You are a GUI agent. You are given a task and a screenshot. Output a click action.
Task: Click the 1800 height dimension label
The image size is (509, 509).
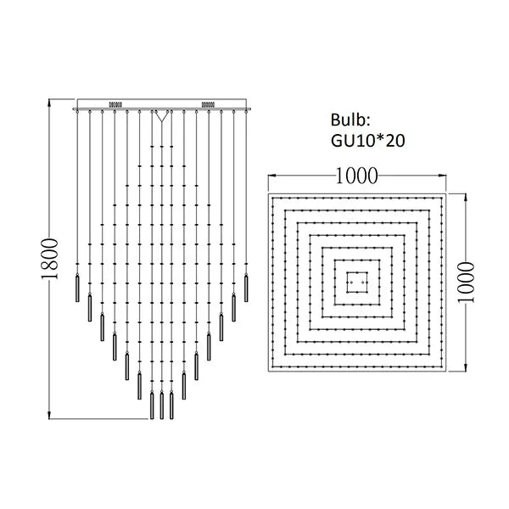tap(50, 259)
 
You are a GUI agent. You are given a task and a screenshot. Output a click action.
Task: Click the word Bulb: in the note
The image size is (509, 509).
tap(350, 120)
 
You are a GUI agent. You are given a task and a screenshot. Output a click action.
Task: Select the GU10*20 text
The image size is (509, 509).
tap(368, 141)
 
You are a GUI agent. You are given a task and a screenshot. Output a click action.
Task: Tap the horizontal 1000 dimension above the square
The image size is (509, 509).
tap(357, 176)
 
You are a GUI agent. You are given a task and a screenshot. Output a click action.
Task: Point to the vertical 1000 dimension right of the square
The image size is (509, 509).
tap(466, 282)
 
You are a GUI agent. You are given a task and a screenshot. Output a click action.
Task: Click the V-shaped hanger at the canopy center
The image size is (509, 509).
tap(162, 116)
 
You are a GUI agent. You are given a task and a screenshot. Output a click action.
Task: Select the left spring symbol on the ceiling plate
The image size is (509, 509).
tap(115, 104)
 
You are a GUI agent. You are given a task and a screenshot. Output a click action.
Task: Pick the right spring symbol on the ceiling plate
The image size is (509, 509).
tap(208, 104)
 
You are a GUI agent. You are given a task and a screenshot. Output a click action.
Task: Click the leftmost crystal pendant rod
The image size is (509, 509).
tap(77, 288)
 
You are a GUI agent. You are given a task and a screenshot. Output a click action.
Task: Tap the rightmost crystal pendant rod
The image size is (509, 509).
tap(246, 288)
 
